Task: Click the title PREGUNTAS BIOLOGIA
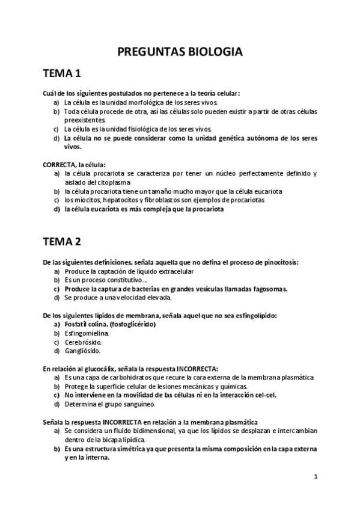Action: coord(180,52)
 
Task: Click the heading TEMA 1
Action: coord(62,75)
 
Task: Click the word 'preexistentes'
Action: coord(84,120)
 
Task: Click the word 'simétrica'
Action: coord(126,449)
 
